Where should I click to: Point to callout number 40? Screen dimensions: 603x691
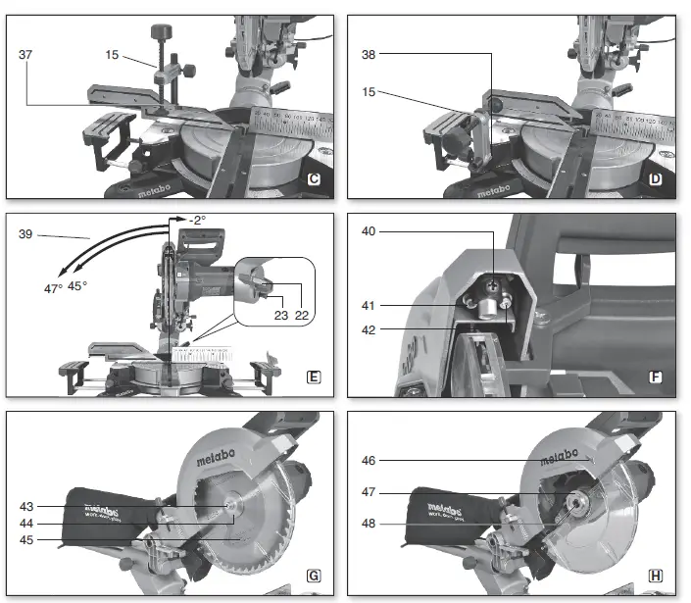coord(368,231)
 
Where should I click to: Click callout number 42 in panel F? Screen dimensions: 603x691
coord(368,330)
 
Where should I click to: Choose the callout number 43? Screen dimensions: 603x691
coord(25,506)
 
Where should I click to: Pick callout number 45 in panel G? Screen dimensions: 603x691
coord(25,538)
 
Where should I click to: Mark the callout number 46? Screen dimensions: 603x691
coord(368,459)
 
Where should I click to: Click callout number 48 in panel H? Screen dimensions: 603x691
coord(368,523)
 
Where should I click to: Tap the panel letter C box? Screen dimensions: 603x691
coord(314,179)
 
